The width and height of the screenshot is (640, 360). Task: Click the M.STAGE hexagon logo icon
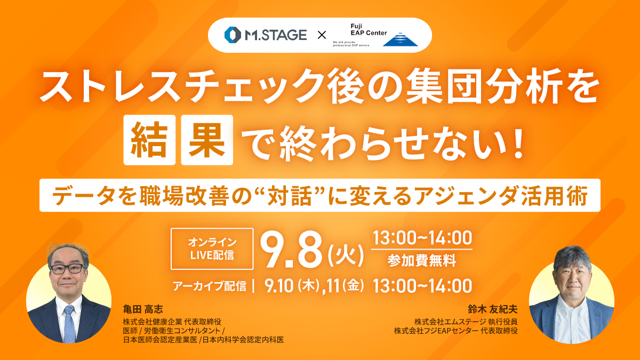click(x=233, y=35)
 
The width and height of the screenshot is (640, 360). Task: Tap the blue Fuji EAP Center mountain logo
click(x=401, y=39)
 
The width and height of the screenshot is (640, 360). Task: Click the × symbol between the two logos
click(x=322, y=35)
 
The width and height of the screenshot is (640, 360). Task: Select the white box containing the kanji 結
click(x=149, y=140)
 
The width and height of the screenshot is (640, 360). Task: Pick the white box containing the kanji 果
click(x=207, y=140)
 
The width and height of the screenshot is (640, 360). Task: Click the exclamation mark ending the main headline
click(x=518, y=143)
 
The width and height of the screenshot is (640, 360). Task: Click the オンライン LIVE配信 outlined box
click(x=212, y=249)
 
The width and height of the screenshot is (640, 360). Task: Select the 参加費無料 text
click(x=422, y=261)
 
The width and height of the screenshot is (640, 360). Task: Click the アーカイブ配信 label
click(x=210, y=286)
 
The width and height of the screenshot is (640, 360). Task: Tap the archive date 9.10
click(x=279, y=286)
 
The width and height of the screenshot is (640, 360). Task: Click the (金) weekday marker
click(x=353, y=286)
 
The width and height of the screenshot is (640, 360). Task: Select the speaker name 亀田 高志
click(x=143, y=309)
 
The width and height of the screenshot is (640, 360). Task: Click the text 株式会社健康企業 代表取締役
click(x=172, y=322)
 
